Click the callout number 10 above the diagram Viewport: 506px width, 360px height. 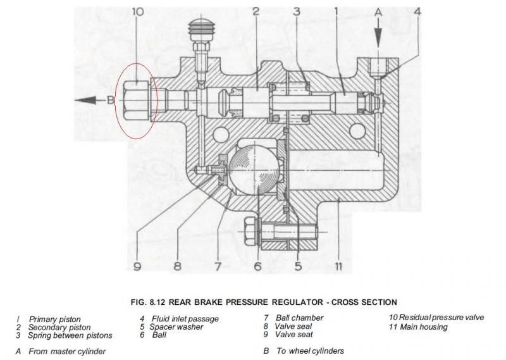click(139, 11)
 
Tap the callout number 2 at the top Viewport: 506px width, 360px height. click(256, 11)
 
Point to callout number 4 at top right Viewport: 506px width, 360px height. click(417, 11)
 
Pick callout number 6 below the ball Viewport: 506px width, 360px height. click(257, 266)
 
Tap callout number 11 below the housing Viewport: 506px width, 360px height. click(339, 266)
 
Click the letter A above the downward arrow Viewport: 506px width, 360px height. click(378, 11)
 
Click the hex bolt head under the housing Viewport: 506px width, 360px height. click(250, 227)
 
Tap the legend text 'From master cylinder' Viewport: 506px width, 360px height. click(67, 351)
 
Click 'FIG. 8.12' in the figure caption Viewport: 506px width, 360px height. click(149, 302)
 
